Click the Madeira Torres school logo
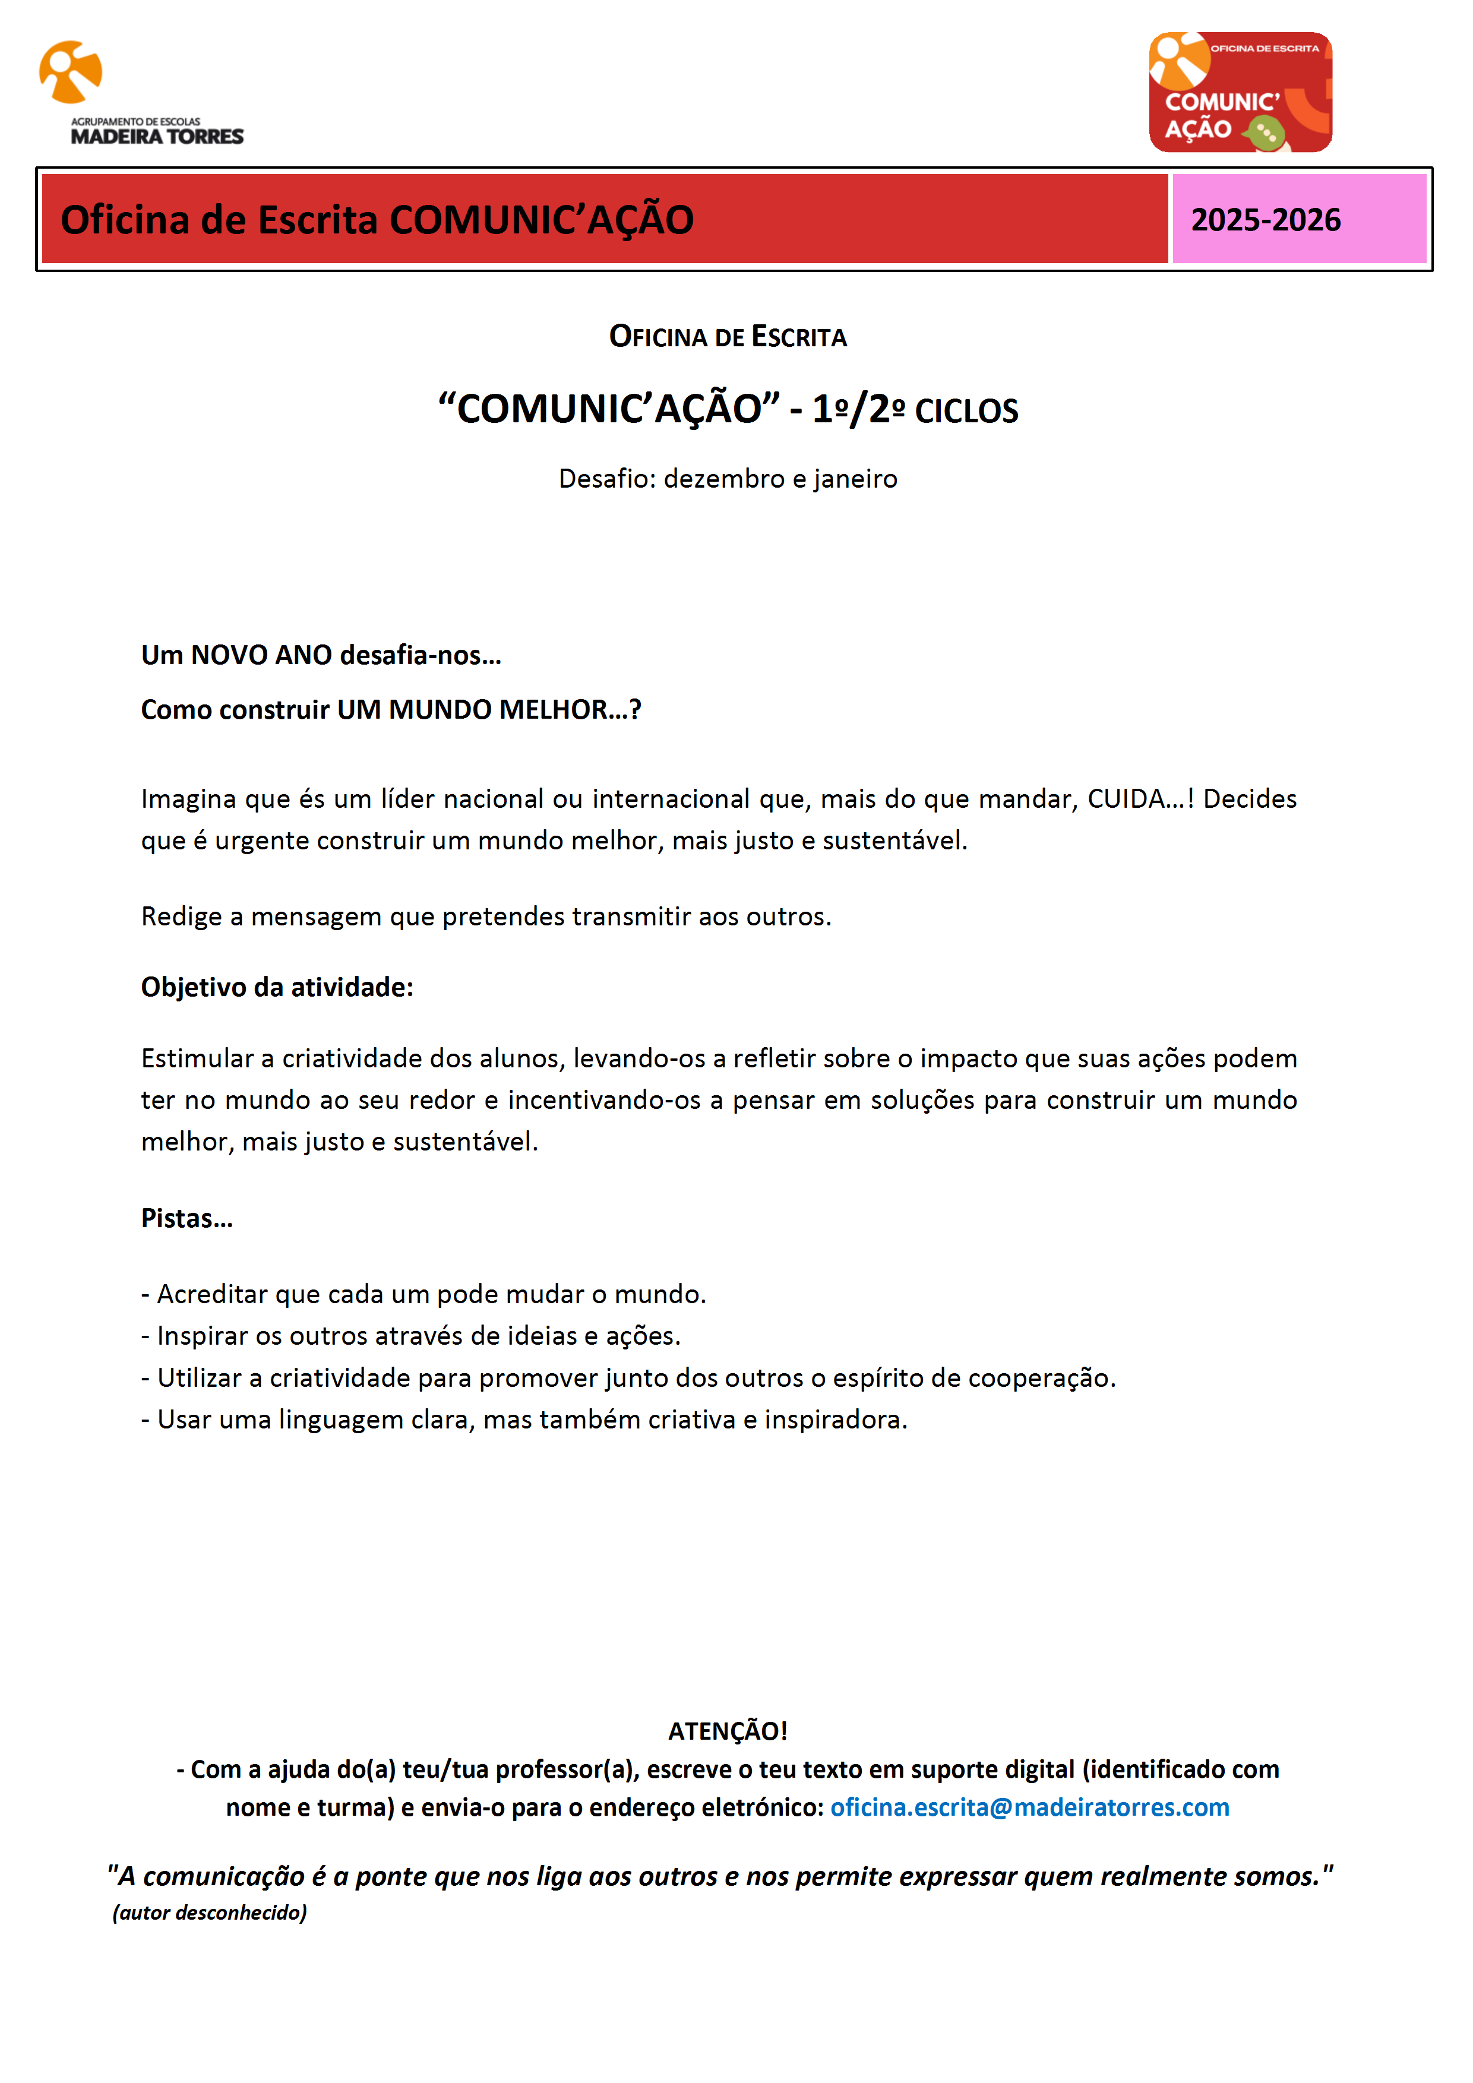pyautogui.click(x=141, y=93)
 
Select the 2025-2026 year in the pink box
pyautogui.click(x=1265, y=220)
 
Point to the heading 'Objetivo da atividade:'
pyautogui.click(x=277, y=987)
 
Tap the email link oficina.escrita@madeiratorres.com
pyautogui.click(x=1029, y=1807)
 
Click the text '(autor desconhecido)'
pyautogui.click(x=210, y=1913)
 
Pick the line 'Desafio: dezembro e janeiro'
pyautogui.click(x=728, y=479)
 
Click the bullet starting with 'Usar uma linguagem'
pyautogui.click(x=524, y=1420)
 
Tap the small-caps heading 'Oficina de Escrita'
pyautogui.click(x=728, y=337)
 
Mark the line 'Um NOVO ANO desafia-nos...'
pyautogui.click(x=321, y=655)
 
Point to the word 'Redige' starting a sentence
pyautogui.click(x=181, y=917)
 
